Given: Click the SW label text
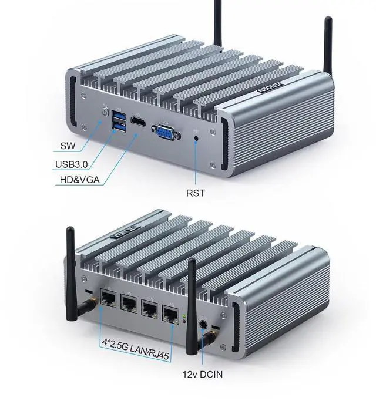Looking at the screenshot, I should tap(69, 145).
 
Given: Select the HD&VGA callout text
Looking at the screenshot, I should tap(80, 179).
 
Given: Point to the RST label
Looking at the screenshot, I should tap(196, 192).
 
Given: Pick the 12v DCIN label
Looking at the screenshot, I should tap(202, 373).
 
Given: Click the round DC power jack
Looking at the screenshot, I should tap(204, 323).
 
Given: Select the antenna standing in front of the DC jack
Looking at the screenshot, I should tap(192, 305).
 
